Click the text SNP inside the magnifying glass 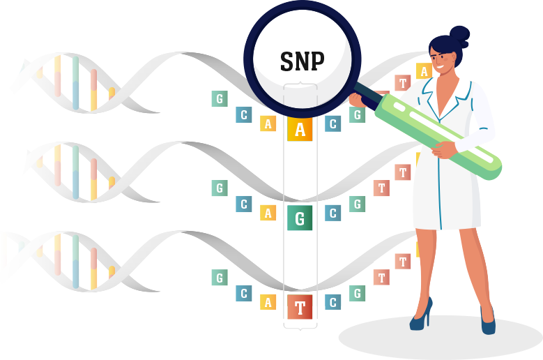pyautogui.click(x=302, y=61)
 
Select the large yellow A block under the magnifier pyautogui.click(x=300, y=130)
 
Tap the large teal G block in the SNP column pyautogui.click(x=300, y=219)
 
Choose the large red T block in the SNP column pyautogui.click(x=300, y=308)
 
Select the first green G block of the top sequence pyautogui.click(x=220, y=99)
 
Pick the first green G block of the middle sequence pyautogui.click(x=220, y=188)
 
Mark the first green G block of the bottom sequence pyautogui.click(x=220, y=278)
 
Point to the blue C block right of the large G pyautogui.click(x=333, y=213)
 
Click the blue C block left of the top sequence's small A pyautogui.click(x=244, y=114)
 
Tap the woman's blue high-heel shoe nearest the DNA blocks pyautogui.click(x=422, y=317)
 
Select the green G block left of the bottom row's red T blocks pyautogui.click(x=358, y=293)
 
